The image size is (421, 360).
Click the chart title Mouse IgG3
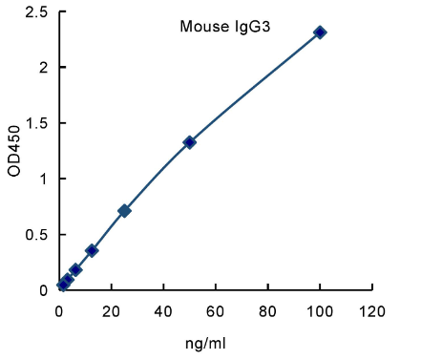[x=225, y=27]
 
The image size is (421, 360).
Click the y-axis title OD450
[x=14, y=150]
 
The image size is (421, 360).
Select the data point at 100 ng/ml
[x=320, y=32]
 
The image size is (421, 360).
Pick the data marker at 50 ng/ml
[x=189, y=142]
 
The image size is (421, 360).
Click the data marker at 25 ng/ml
[x=124, y=210]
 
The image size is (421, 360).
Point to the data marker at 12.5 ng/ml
[x=92, y=250]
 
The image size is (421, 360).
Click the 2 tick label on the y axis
[x=44, y=68]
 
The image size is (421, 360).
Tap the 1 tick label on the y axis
[x=44, y=179]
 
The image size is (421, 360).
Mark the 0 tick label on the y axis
[x=44, y=289]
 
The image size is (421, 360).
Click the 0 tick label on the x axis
[x=59, y=311]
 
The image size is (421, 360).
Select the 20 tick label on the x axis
[x=112, y=311]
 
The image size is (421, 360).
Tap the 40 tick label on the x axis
[x=163, y=311]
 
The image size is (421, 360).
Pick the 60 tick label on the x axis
[x=216, y=311]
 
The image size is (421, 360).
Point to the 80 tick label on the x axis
[x=267, y=311]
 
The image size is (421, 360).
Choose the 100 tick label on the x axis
[x=320, y=311]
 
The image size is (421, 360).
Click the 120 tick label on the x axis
[x=371, y=311]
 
